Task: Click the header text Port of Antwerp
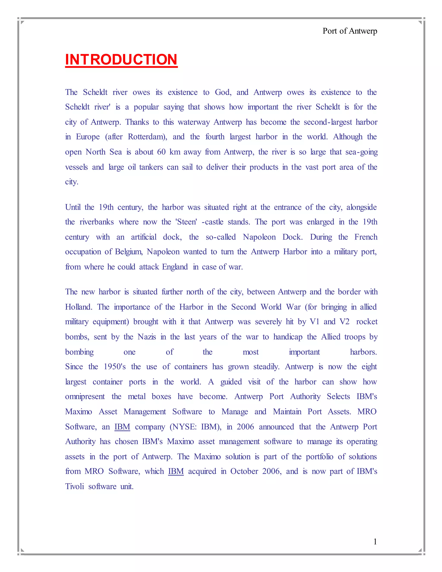click(x=350, y=31)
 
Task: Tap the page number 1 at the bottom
click(x=375, y=541)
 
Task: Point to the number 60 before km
click(x=161, y=152)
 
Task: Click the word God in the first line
click(x=223, y=92)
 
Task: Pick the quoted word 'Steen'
click(x=186, y=222)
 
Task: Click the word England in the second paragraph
click(x=175, y=267)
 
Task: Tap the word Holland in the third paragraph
click(x=78, y=307)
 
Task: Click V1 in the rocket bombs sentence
click(x=314, y=322)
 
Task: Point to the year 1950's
click(x=115, y=367)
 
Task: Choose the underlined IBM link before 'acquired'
click(x=176, y=471)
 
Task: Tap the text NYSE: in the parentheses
click(x=184, y=427)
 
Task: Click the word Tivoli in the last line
click(x=74, y=487)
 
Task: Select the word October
click(x=244, y=471)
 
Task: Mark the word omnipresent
click(x=85, y=397)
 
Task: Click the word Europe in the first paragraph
click(x=88, y=137)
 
